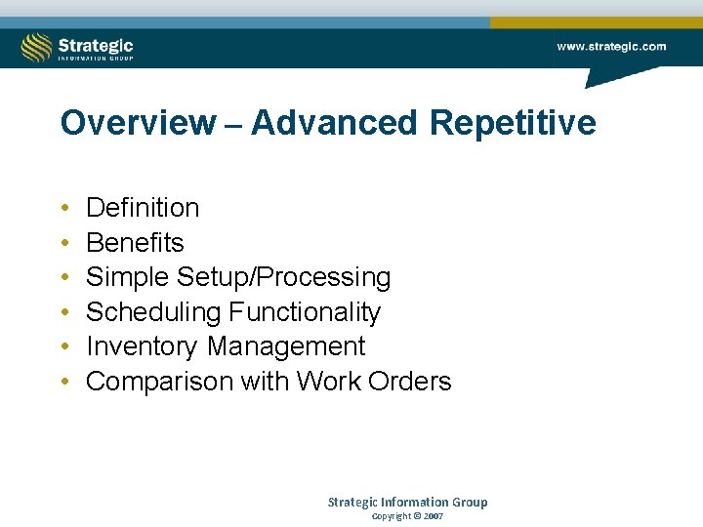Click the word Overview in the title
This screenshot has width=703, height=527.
click(138, 124)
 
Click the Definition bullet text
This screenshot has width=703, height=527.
click(143, 208)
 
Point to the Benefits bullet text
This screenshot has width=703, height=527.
click(135, 242)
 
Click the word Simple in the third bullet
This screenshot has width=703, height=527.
click(128, 278)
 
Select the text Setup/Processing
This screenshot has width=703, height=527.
click(283, 278)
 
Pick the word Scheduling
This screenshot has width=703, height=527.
click(153, 312)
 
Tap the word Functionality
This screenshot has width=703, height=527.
click(305, 312)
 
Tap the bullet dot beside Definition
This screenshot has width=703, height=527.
click(63, 209)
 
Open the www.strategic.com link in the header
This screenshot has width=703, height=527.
click(611, 46)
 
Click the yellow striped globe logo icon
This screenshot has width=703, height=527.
click(37, 47)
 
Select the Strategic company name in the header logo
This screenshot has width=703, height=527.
click(96, 44)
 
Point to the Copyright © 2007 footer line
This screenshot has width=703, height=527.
click(407, 516)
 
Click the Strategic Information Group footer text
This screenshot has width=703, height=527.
click(407, 502)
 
